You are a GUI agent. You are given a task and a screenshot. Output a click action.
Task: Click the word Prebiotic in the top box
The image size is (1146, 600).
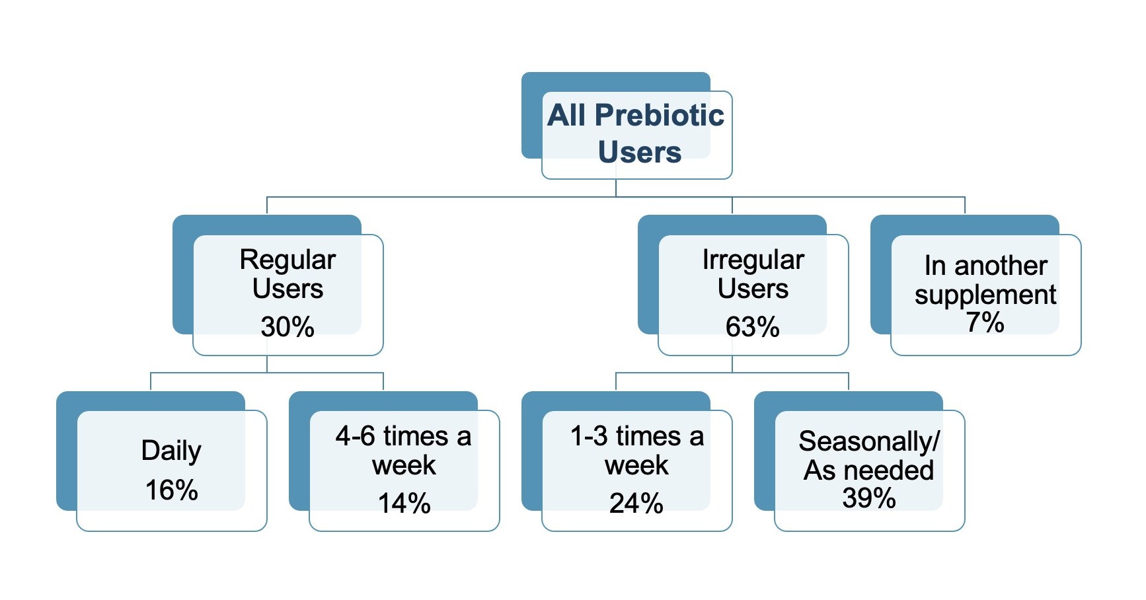pos(659,116)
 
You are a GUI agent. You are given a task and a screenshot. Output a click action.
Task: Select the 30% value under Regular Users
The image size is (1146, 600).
pos(287,327)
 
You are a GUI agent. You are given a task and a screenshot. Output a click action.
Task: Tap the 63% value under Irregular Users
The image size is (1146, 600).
pos(753,327)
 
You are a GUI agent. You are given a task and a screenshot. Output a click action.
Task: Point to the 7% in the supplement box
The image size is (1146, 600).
pos(985,322)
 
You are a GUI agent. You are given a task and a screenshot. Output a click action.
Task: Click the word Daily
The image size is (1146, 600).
pos(171,451)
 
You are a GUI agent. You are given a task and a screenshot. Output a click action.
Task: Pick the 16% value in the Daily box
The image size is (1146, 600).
pos(171,490)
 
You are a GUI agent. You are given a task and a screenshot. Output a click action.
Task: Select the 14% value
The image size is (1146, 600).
pos(404,504)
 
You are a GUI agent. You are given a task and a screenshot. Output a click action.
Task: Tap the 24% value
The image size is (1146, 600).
pos(636,504)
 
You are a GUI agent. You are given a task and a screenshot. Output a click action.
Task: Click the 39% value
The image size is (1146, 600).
pos(869,498)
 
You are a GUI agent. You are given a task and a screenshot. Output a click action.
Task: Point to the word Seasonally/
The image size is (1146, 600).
pos(869,441)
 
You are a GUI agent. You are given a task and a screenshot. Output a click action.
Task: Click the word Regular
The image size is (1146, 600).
pos(287,260)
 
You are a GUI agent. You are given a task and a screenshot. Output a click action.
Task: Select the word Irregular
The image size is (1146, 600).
pos(753,260)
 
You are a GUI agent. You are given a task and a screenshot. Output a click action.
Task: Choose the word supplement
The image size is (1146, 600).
pos(985,295)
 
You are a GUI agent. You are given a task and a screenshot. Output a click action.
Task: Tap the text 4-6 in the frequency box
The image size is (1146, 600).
pos(355,437)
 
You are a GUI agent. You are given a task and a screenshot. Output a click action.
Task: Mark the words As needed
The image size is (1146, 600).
pos(869,470)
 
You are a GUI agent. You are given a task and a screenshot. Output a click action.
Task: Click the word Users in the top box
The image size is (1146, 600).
pos(639,153)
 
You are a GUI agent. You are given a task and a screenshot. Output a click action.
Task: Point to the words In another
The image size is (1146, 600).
pos(985,266)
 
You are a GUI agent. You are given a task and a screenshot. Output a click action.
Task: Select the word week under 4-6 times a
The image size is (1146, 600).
pos(404,466)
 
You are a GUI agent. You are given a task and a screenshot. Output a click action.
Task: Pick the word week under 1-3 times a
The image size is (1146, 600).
pos(636,466)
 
